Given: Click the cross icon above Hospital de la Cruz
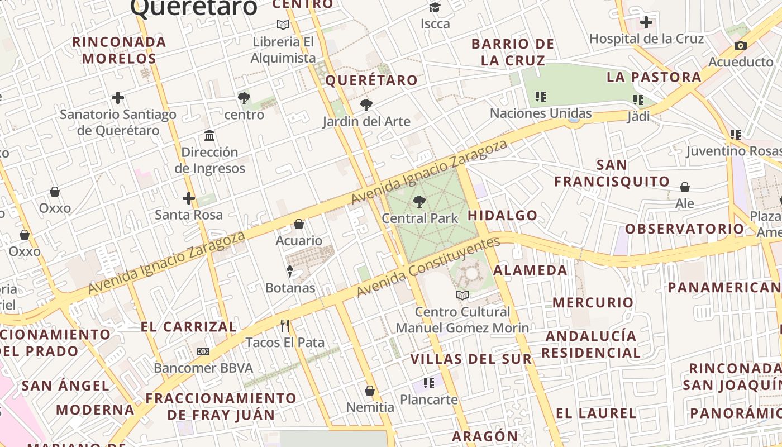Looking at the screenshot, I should click(x=646, y=22).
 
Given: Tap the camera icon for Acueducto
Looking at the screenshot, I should click(x=741, y=46).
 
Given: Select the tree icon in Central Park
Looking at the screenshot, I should click(x=419, y=201).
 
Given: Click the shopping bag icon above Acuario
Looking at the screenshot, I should click(x=299, y=224).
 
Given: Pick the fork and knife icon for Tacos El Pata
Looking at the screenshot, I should click(x=285, y=325).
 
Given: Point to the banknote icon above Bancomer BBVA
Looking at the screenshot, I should click(x=203, y=351).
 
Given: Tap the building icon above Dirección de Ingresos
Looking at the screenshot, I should click(x=209, y=135).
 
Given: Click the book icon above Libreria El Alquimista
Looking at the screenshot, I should click(x=283, y=25).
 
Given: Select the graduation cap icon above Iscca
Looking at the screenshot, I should click(x=435, y=7).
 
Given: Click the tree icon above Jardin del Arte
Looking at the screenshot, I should click(x=366, y=104).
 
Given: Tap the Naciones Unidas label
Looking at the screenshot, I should click(x=540, y=113).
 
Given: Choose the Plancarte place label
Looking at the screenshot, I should click(x=428, y=400).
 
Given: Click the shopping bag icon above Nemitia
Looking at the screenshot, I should click(x=370, y=390).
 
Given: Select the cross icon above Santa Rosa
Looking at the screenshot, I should click(x=189, y=198).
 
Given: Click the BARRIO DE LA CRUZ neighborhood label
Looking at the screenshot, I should click(x=513, y=52).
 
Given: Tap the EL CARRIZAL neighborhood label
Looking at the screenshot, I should click(x=188, y=327).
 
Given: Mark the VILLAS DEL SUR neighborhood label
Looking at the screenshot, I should click(x=471, y=359).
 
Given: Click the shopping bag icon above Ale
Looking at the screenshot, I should click(x=685, y=187).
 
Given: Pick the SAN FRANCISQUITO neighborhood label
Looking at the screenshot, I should click(x=612, y=173).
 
